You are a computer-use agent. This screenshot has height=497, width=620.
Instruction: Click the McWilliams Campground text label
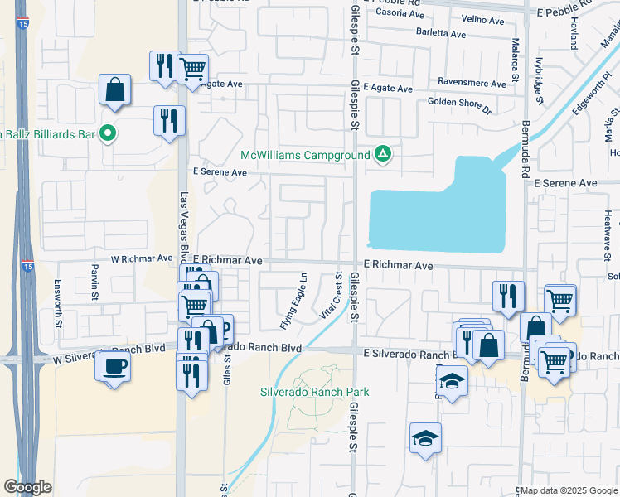click(x=304, y=156)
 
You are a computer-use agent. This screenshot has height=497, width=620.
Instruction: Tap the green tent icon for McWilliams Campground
click(x=382, y=154)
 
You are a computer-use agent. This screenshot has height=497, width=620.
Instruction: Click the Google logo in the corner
click(x=28, y=487)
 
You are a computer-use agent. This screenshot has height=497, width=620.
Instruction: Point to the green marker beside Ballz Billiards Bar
click(x=107, y=133)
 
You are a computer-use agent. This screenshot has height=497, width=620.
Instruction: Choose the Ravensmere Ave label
click(x=472, y=84)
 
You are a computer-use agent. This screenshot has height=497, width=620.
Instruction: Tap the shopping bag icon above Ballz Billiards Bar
click(x=114, y=89)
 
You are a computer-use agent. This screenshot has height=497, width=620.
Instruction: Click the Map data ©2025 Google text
click(x=569, y=490)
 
